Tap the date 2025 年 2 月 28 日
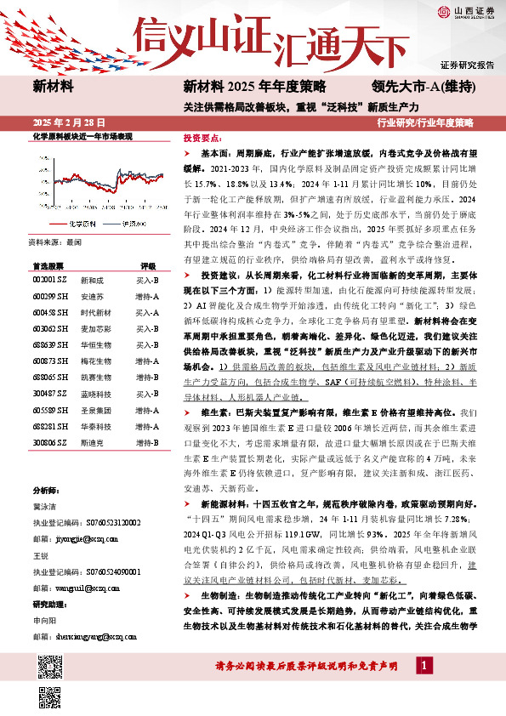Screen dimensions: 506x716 [67, 122]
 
